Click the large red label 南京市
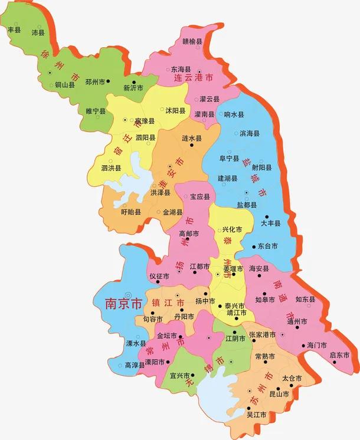pyautogui.click(x=123, y=304)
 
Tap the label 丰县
pyautogui.click(x=14, y=28)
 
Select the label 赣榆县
pyautogui.click(x=192, y=42)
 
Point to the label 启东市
pyautogui.click(x=339, y=355)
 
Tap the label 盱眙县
pyautogui.click(x=130, y=212)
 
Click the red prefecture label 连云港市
pyautogui.click(x=194, y=77)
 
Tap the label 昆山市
pyautogui.click(x=278, y=393)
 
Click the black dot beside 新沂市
pyautogui.click(x=135, y=82)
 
